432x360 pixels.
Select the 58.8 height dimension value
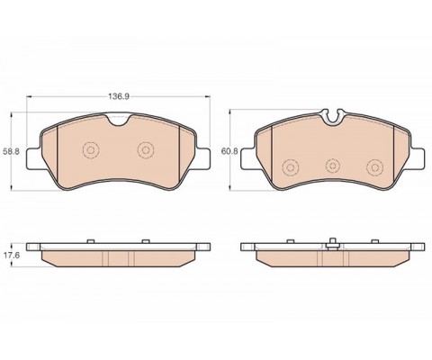[x=11, y=151]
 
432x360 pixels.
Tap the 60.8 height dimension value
[x=229, y=151]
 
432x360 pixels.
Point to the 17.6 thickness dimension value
[x=11, y=256]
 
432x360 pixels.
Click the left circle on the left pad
[x=91, y=150]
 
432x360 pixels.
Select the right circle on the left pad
[x=146, y=150]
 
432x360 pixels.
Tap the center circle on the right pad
[x=333, y=166]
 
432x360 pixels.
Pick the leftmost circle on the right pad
[x=291, y=167]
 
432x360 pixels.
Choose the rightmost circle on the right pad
[x=375, y=167]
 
